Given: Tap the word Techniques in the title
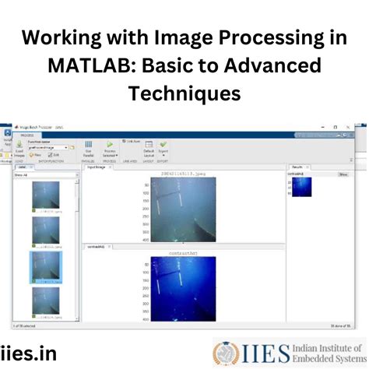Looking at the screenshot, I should click(x=184, y=93).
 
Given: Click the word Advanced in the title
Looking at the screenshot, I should click(x=268, y=65).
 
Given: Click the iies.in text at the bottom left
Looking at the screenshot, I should click(x=29, y=353).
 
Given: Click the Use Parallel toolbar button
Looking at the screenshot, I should click(x=89, y=148).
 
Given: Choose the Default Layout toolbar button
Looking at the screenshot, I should click(x=149, y=148).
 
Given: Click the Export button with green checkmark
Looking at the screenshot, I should click(x=163, y=147).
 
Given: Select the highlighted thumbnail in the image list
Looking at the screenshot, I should click(x=45, y=266).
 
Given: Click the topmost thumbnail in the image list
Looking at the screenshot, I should click(x=45, y=195).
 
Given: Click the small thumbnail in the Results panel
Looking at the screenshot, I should click(x=301, y=187).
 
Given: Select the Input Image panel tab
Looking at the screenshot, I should click(x=97, y=167).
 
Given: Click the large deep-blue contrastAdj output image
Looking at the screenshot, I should click(x=184, y=287).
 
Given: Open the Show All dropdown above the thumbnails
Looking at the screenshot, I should click(x=45, y=175).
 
